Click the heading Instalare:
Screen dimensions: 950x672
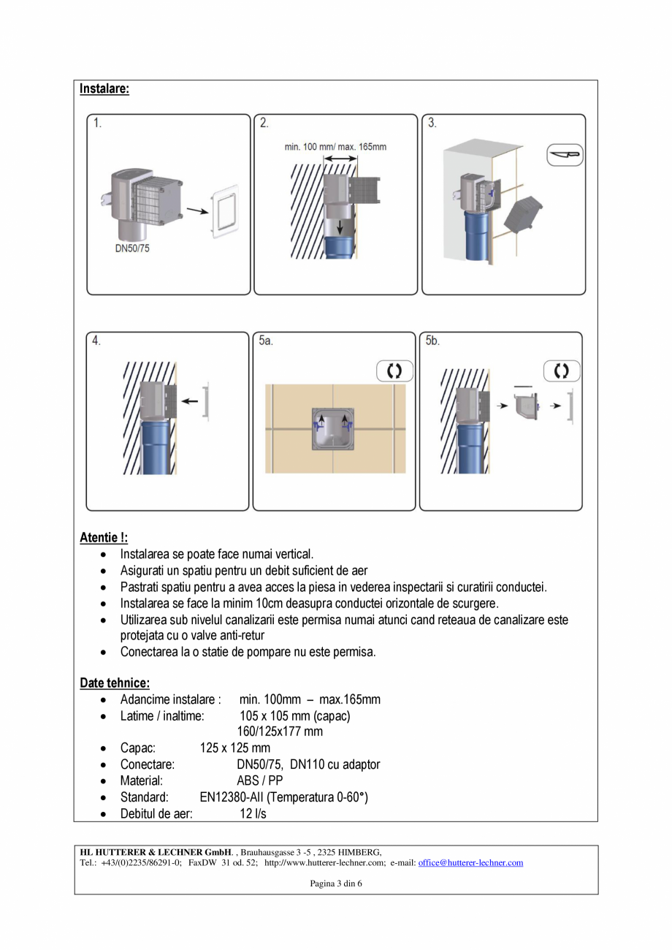104,89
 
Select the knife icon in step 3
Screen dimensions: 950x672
565,155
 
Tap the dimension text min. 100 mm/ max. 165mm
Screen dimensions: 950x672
335,147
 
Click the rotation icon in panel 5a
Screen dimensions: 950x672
394,370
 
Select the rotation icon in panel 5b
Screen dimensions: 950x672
561,370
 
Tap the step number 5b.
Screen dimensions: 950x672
432,341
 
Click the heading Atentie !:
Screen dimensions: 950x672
104,539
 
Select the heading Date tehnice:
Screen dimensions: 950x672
115,683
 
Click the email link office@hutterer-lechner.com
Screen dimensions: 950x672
470,863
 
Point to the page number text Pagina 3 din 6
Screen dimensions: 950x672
336,883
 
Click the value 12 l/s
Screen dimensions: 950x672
253,813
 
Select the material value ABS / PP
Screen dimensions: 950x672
259,780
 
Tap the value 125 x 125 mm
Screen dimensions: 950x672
234,748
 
